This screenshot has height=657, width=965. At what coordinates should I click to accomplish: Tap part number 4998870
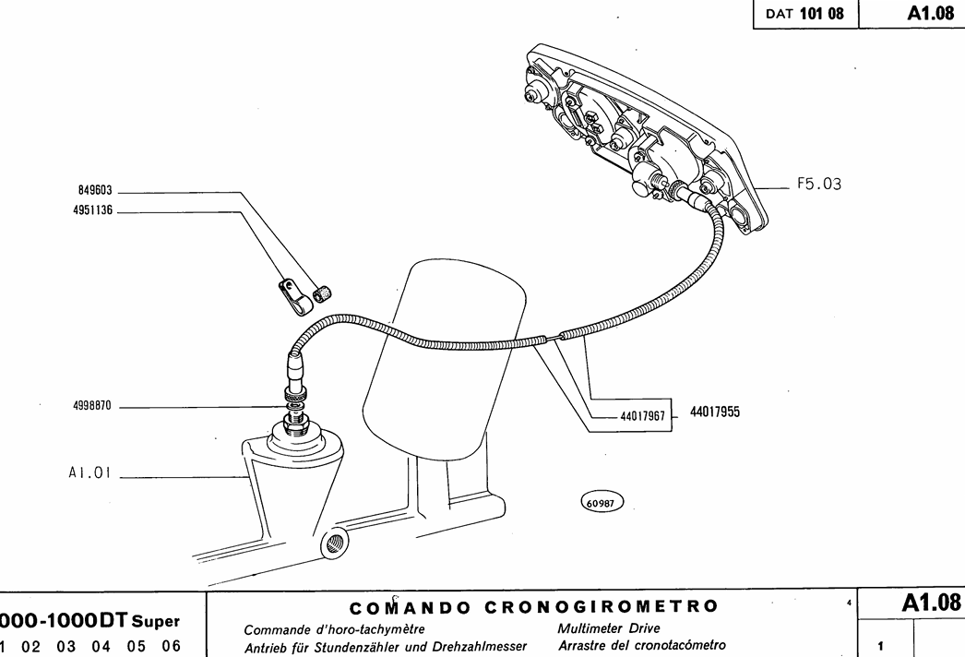click(92, 405)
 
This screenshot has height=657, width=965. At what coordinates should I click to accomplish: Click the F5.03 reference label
click(819, 185)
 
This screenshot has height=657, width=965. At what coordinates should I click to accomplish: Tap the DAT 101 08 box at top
click(804, 15)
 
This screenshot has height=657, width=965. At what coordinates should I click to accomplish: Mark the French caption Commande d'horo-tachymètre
click(333, 630)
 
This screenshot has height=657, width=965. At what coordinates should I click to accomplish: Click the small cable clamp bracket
click(292, 293)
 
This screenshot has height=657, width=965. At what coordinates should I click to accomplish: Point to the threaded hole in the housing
click(333, 544)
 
